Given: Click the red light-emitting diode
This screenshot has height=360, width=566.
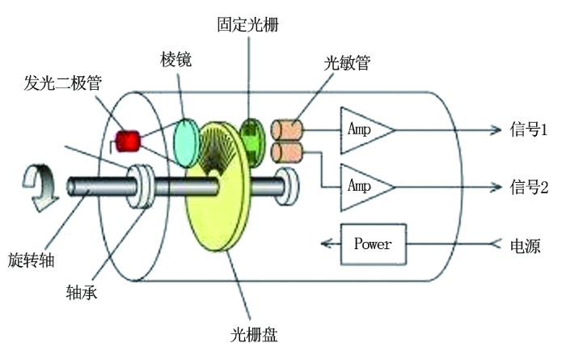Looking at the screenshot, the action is click(x=128, y=142).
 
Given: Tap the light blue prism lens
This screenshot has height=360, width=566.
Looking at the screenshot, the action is click(x=186, y=143).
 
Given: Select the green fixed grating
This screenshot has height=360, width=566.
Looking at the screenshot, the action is click(x=252, y=143).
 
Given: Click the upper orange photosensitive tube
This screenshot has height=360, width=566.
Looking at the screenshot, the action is click(x=287, y=129).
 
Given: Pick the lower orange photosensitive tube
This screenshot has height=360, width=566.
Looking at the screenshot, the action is click(x=287, y=153).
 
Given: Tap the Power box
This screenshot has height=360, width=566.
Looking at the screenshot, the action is click(x=374, y=244).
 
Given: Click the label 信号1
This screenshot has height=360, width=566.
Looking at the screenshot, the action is click(x=529, y=129).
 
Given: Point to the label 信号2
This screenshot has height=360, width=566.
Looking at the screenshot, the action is click(x=529, y=187).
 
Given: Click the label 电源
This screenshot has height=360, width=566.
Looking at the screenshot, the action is click(x=526, y=246).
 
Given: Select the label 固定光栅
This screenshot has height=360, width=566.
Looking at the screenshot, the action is click(x=248, y=24).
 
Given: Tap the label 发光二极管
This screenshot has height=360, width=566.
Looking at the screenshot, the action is click(x=63, y=83).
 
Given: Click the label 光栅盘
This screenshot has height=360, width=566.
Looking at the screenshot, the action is click(x=254, y=334).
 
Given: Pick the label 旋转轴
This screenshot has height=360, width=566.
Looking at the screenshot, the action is click(x=31, y=260).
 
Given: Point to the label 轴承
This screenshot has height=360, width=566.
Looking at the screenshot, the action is click(x=82, y=292).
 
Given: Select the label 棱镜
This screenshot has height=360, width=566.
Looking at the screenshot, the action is click(x=175, y=59).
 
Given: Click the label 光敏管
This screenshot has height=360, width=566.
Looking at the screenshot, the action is click(x=347, y=63).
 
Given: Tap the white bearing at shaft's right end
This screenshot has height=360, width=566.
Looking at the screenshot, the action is click(x=288, y=186).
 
